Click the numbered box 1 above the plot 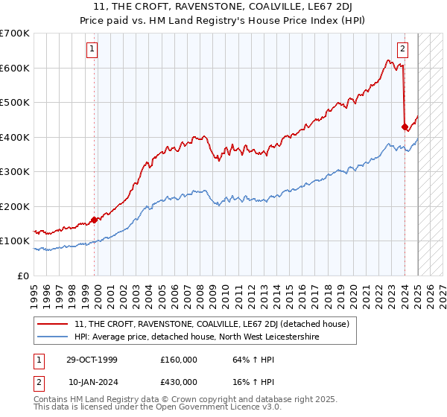point(92,50)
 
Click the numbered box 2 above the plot point(402,50)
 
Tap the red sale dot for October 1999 point(95,220)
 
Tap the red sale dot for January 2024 point(405,127)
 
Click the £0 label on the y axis point(24,276)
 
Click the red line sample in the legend point(54,324)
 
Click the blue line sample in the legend point(54,337)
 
